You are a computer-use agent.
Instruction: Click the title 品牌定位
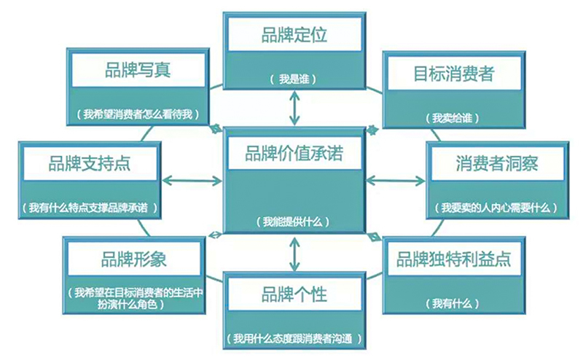pos(293,35)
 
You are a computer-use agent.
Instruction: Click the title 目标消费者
pos(454,74)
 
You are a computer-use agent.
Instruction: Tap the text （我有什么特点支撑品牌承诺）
pos(90,208)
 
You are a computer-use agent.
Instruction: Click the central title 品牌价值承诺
pos(293,154)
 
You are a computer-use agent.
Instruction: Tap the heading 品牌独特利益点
pos(453,259)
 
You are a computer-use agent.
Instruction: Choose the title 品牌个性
pos(294,294)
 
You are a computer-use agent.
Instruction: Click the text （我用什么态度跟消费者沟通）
pos(294,339)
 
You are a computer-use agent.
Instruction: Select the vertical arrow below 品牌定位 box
pos(294,109)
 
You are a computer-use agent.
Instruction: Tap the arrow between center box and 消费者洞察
pos(396,179)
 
